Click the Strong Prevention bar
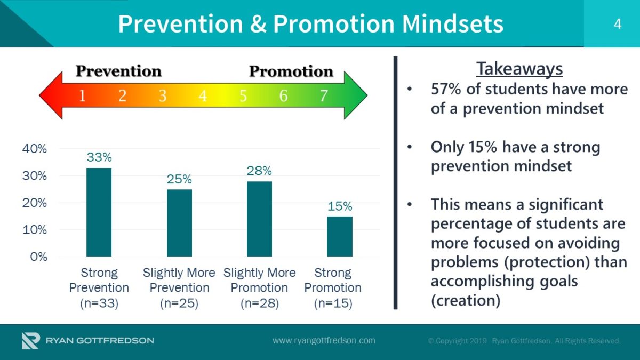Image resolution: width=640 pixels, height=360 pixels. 99,212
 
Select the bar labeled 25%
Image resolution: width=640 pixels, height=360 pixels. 179,223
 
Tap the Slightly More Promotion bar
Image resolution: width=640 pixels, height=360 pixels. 259,219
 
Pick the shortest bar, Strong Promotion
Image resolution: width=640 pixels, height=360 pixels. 340,236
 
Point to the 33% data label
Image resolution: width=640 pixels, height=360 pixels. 99,157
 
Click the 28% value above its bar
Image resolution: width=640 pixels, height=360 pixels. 259,171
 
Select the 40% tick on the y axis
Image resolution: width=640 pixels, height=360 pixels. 35,149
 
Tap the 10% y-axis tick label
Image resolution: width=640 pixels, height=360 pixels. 35,230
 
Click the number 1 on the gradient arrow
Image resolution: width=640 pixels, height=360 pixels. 82,95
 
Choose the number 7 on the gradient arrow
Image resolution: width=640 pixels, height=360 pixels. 324,95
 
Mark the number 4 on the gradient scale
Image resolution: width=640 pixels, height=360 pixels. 203,95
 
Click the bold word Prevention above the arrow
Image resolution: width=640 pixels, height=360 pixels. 118,71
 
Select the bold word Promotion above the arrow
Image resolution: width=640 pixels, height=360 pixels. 291,71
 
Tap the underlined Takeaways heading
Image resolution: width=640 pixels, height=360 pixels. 519,69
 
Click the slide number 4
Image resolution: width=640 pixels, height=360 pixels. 618,24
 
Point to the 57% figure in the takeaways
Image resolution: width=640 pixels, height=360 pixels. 446,89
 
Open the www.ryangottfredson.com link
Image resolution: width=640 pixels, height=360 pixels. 324,341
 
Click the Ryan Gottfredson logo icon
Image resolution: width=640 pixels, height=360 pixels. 31,341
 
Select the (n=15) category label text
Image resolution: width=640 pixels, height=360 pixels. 333,303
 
